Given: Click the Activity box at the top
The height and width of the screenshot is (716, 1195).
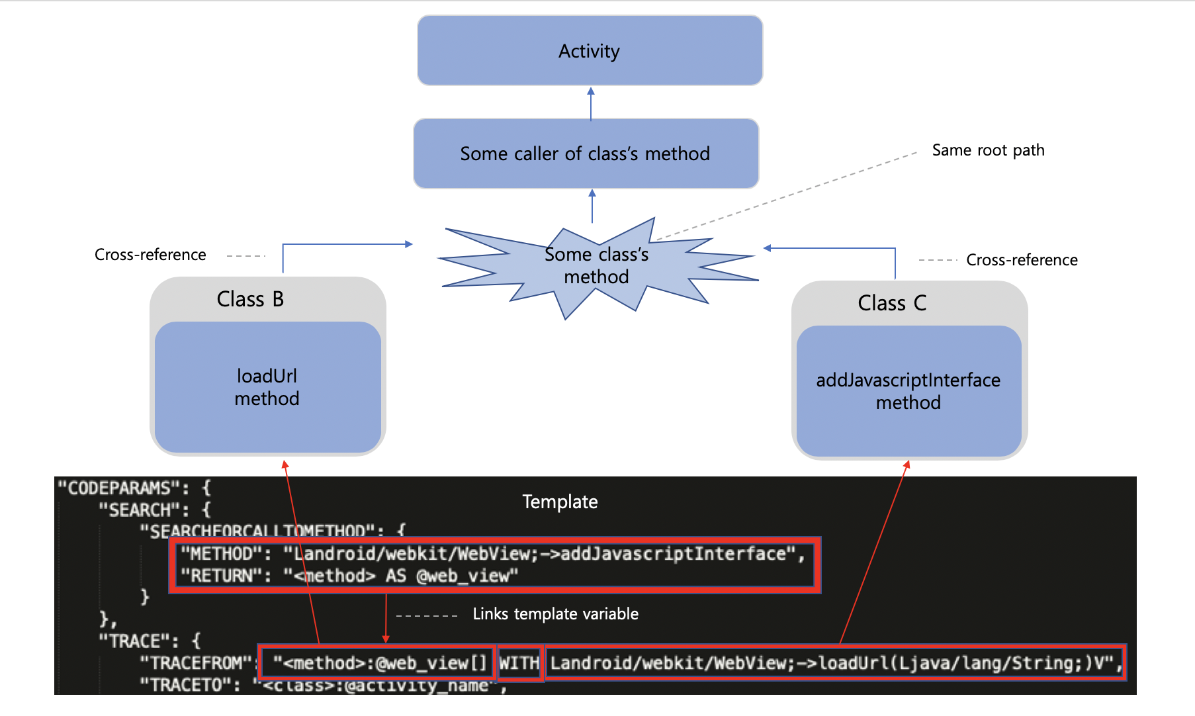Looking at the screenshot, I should click(590, 51).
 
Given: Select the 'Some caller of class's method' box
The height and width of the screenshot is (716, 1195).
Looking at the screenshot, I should click(586, 154).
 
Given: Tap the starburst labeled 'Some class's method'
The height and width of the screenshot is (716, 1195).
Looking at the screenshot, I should click(596, 266).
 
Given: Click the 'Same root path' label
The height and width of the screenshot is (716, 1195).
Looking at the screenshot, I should click(988, 150).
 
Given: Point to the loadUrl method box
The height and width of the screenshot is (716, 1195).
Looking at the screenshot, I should click(267, 387).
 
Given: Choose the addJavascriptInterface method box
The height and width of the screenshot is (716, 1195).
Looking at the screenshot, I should click(908, 391).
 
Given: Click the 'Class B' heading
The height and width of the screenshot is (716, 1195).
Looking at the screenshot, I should click(250, 299).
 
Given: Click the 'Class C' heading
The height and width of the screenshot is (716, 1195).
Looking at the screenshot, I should click(892, 303).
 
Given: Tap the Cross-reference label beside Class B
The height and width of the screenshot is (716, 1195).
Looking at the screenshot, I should click(150, 255).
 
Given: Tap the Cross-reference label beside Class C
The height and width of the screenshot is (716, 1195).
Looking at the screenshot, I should click(1022, 260).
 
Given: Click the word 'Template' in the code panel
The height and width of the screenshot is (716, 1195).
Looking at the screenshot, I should click(560, 502).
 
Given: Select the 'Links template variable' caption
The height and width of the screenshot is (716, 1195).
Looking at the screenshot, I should click(555, 614).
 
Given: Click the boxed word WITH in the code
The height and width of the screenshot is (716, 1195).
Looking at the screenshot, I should click(519, 663).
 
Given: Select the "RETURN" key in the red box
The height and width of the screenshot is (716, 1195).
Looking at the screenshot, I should click(222, 576).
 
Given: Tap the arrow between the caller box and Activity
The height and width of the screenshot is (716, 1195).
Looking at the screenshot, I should click(591, 103).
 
